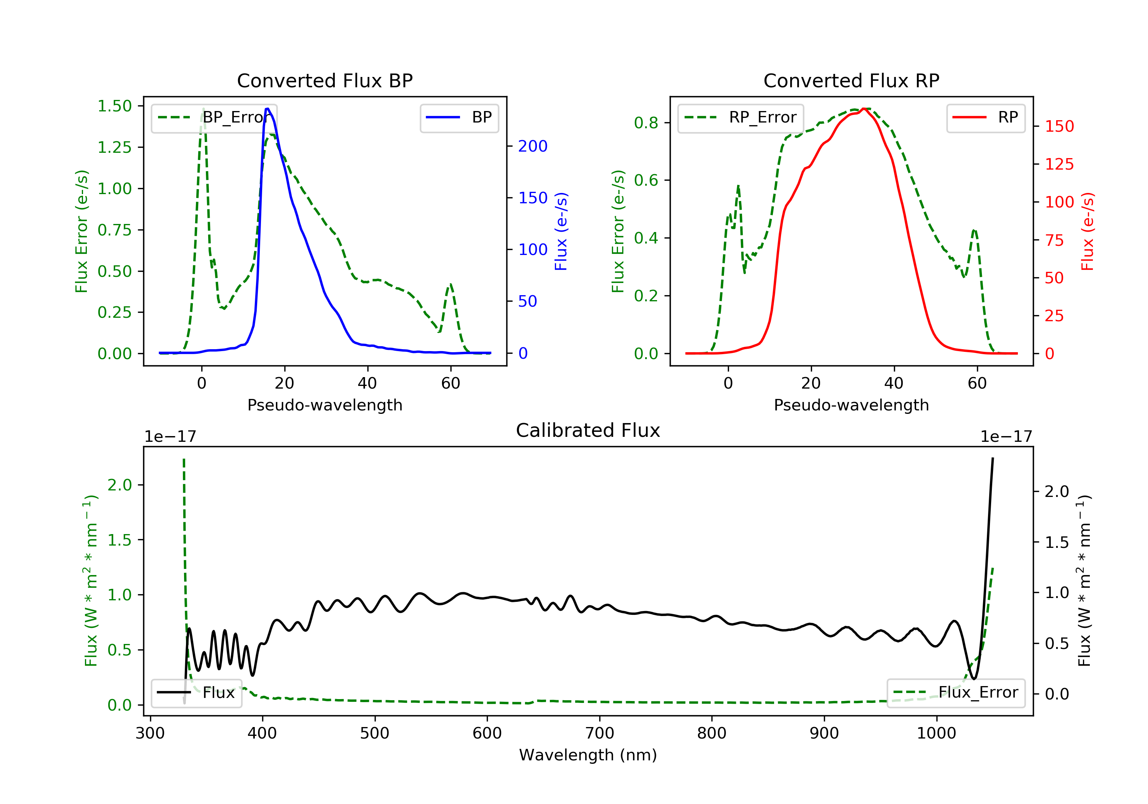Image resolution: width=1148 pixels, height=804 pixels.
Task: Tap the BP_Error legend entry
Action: [x=214, y=118]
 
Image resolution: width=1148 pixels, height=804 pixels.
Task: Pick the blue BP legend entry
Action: [x=459, y=118]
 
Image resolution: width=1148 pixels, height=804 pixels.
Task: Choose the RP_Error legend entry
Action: [x=740, y=118]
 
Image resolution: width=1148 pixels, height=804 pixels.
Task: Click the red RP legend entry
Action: [x=985, y=118]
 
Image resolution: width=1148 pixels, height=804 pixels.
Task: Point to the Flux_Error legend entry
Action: [x=956, y=693]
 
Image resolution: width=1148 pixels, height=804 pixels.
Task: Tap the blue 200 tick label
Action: [x=533, y=146]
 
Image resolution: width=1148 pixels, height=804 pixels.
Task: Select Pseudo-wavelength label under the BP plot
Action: [x=325, y=405]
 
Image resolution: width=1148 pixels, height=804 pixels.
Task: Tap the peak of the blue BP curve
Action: [x=267, y=109]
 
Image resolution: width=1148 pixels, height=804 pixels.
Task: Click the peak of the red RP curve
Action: [x=864, y=109]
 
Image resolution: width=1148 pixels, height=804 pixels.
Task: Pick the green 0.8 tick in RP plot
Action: [x=646, y=123]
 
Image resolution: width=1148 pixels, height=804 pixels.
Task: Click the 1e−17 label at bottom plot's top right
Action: [x=1006, y=437]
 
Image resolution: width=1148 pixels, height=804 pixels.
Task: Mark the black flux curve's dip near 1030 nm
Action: [x=974, y=678]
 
